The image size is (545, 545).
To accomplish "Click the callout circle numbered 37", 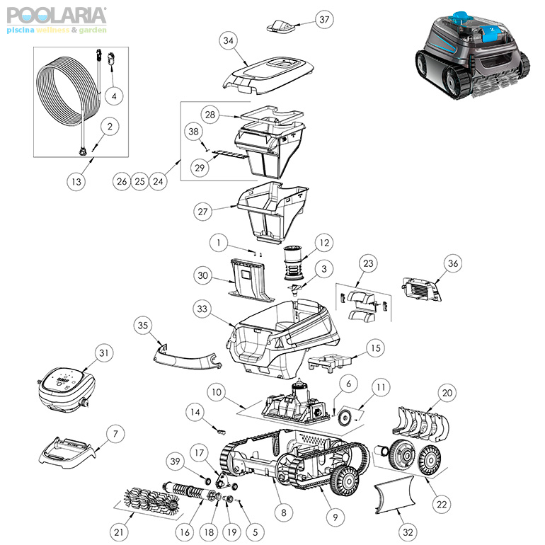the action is coord(324,20).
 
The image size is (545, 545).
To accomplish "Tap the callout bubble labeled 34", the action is coord(229,40).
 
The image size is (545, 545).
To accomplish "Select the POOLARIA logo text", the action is coord(57,16).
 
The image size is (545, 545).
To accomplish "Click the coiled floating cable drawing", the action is coord(68,91).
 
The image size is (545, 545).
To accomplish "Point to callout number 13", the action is coord(76,181).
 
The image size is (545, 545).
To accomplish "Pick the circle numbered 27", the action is coord(202,212).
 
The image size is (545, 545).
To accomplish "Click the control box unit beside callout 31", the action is coord(66,389).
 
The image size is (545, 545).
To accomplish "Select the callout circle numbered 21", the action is coord(119,532).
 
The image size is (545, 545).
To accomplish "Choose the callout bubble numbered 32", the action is coord(408,532).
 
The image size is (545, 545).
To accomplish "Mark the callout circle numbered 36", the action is coord(453,263).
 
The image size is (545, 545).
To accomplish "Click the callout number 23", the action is coord(369,263).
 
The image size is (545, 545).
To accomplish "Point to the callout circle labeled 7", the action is coord(115,434).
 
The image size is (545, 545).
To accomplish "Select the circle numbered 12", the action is coord(324,243).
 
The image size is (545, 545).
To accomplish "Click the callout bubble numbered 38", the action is coord(194,132).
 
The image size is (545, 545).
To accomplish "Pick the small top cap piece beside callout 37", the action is coord(281,26).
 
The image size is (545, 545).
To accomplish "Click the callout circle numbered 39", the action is coord(175,461).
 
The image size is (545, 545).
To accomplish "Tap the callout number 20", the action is coord(447,393).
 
